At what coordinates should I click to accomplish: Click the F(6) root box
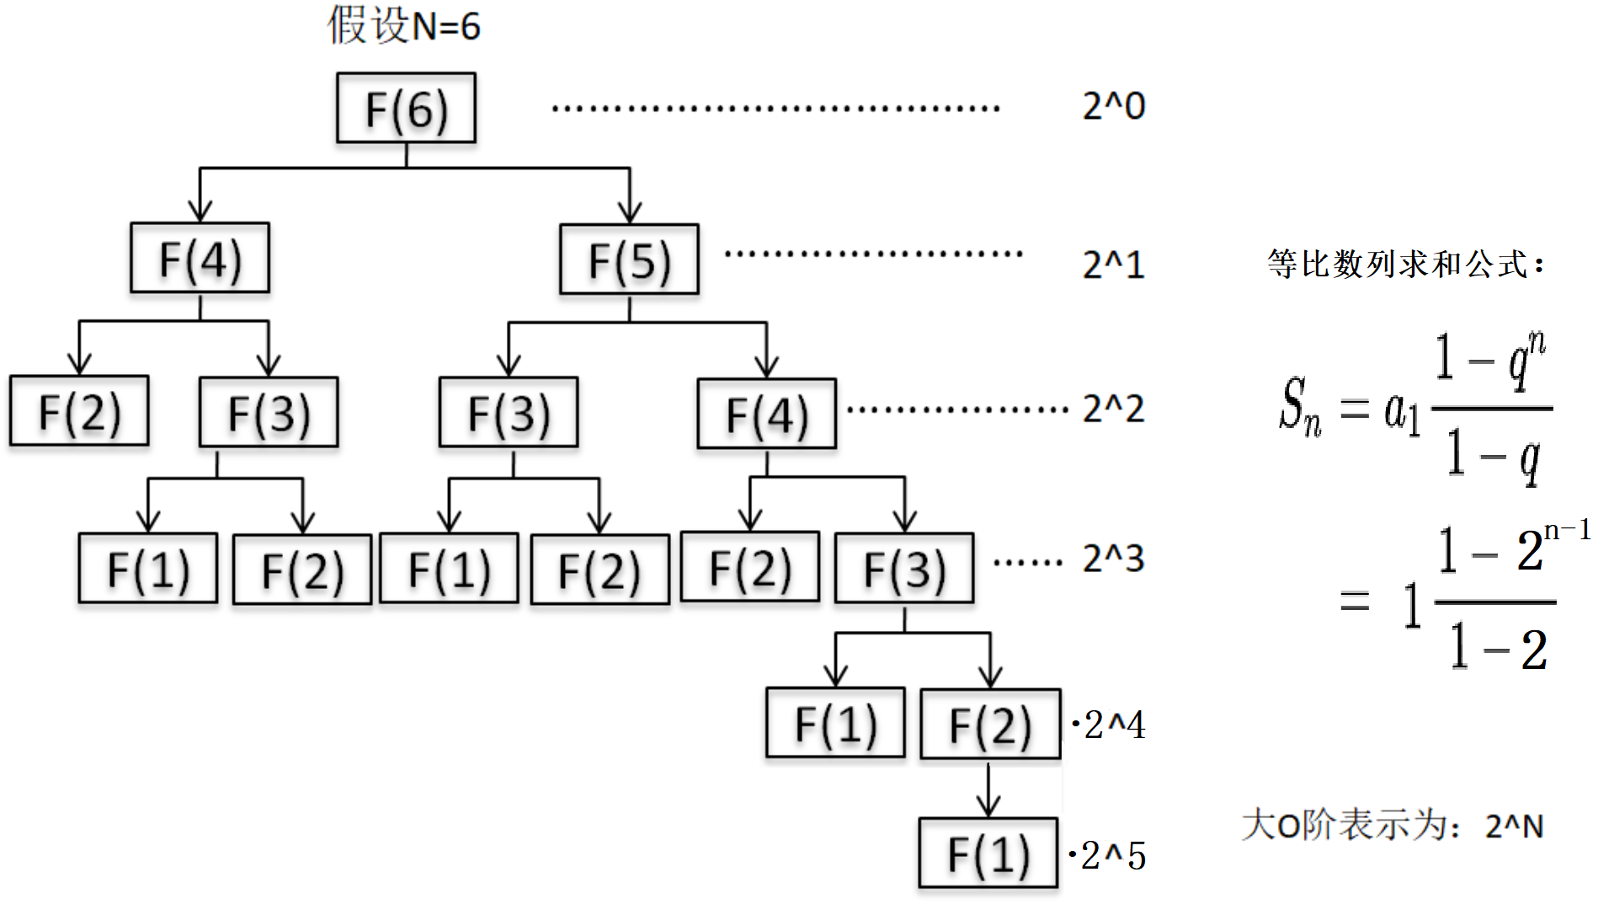point(406,108)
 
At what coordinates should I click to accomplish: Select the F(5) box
point(629,260)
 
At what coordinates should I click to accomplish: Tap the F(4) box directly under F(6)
point(200,258)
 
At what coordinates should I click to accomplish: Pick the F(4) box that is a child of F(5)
point(766,414)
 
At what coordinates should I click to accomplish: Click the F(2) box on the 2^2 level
point(79,411)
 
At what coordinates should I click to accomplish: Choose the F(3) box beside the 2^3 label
point(904,568)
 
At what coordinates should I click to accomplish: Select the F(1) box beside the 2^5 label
point(988,853)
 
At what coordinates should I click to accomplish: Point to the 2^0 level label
point(1113,107)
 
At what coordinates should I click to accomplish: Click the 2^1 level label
point(1113,265)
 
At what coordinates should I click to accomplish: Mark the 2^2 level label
point(1113,409)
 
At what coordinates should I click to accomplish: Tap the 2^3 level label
point(1113,559)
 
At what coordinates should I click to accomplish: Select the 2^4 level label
point(1113,725)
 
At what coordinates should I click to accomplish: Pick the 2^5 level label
point(1113,856)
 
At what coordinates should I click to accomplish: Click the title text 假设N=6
point(403,25)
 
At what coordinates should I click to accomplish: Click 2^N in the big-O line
point(1514,827)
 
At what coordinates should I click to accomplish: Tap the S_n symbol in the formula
point(1300,407)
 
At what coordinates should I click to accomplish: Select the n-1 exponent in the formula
point(1567,530)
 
